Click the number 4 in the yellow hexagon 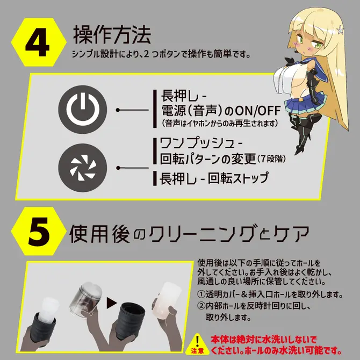(x=38, y=42)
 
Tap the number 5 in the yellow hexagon (x=39, y=231)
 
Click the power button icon (x=83, y=109)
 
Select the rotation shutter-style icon (x=83, y=168)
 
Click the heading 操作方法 (x=112, y=35)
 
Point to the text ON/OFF (x=257, y=111)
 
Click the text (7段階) (x=271, y=159)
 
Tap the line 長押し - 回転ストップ (x=214, y=178)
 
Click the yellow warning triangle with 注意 (x=197, y=344)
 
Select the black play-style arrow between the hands (x=112, y=303)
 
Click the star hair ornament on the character (x=340, y=30)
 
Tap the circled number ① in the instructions (x=201, y=294)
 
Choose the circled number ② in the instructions (x=201, y=306)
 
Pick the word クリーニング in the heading (x=201, y=234)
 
